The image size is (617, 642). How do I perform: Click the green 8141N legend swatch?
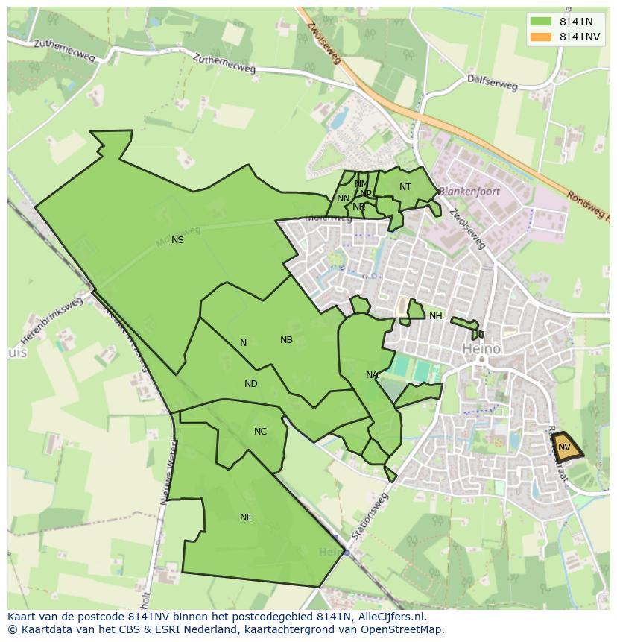point(541,22)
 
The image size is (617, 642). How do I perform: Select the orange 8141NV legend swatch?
point(541,37)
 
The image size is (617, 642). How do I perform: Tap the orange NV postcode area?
point(566,447)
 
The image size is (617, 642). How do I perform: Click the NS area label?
point(177,240)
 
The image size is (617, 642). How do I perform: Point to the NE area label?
point(246,517)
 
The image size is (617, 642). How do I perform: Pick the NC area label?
point(260,432)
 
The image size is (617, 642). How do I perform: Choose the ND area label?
point(251,384)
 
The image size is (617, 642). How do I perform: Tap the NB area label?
point(286,340)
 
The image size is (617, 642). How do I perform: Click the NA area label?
point(372,375)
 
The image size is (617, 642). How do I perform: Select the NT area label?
point(405,187)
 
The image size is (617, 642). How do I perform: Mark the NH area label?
point(436,316)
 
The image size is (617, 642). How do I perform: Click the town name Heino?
point(481,348)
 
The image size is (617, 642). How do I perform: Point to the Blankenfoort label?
point(469,192)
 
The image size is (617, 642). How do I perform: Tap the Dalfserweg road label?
point(492,82)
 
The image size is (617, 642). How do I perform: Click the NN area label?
point(343,198)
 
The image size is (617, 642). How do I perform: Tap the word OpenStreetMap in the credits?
point(401,629)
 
